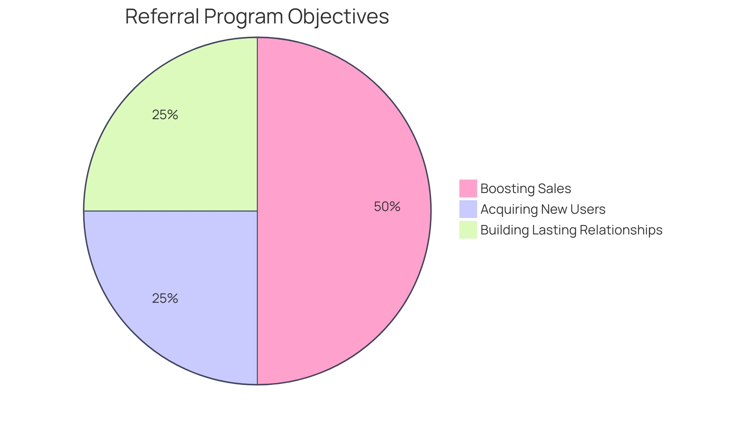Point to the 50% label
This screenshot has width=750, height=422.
pyautogui.click(x=387, y=207)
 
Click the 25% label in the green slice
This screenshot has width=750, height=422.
pyautogui.click(x=165, y=115)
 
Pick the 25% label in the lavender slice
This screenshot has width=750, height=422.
pyautogui.click(x=165, y=299)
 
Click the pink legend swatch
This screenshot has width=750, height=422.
pyautogui.click(x=468, y=188)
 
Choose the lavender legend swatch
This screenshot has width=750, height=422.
pyautogui.click(x=468, y=209)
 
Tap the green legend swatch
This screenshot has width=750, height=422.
pyautogui.click(x=468, y=230)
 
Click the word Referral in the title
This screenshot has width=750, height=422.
pyautogui.click(x=162, y=16)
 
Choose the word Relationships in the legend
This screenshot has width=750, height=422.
pyautogui.click(x=621, y=230)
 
